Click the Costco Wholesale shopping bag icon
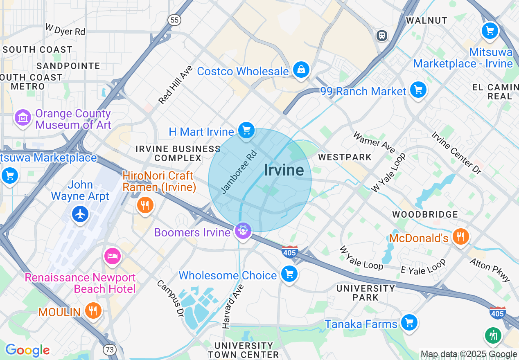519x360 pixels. click(x=301, y=70)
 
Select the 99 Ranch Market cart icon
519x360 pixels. click(x=418, y=90)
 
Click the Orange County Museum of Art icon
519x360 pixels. click(x=23, y=118)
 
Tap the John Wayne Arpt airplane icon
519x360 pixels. click(x=80, y=214)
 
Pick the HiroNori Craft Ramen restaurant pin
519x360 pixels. click(x=144, y=205)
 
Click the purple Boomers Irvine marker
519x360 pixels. click(x=243, y=231)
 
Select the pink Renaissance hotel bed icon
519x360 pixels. click(x=112, y=256)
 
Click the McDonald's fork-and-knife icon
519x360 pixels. click(x=460, y=236)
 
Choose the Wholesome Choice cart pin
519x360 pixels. click(x=289, y=274)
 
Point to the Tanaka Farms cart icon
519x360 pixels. click(x=408, y=322)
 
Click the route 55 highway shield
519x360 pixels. click(x=174, y=20)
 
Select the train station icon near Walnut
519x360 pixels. click(x=382, y=36)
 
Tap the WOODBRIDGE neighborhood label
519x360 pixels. click(x=425, y=214)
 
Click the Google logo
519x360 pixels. click(x=27, y=351)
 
